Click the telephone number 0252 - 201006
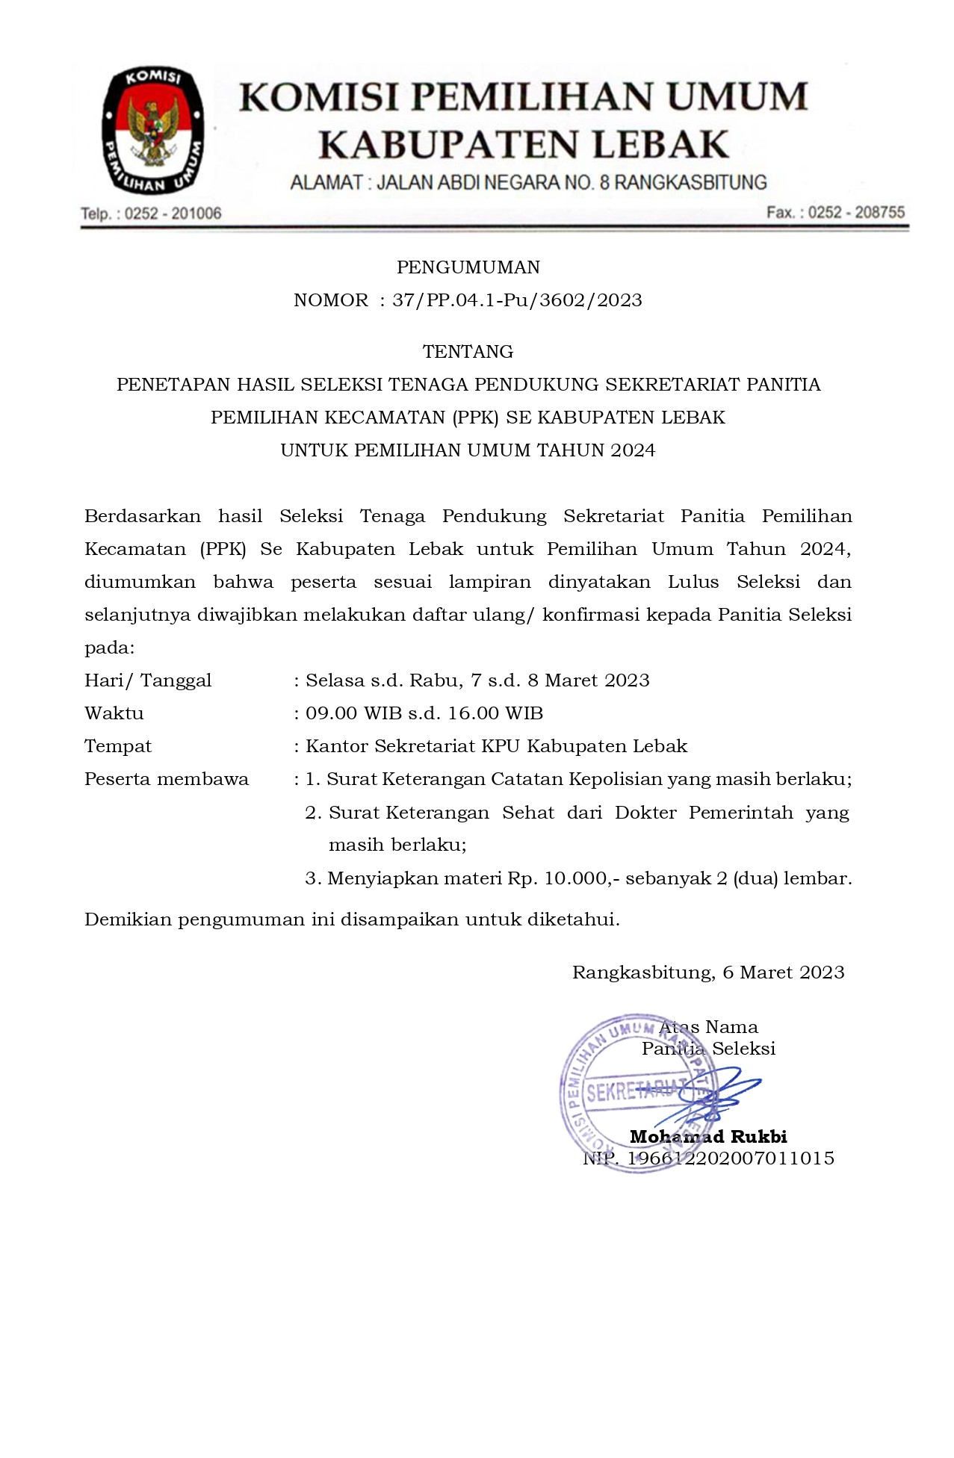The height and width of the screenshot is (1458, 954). coord(173,214)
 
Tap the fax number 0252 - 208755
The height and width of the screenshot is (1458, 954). coord(856,212)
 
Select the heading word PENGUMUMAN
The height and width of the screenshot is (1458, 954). coord(468,267)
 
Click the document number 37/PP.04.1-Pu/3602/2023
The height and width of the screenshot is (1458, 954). coord(517,300)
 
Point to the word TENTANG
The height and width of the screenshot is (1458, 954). coord(468,351)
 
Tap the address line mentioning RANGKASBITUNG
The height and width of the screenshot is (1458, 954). coord(528,182)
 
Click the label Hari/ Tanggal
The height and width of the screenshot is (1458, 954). coord(148,680)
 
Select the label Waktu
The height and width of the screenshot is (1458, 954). coord(114,713)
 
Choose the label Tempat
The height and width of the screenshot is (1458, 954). coord(118,746)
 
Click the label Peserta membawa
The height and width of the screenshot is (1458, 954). coord(167,779)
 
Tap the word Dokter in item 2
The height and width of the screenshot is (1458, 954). coord(645,813)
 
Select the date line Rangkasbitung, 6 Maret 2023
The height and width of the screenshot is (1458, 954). coord(708,972)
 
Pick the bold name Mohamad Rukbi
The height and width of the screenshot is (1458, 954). coord(708,1137)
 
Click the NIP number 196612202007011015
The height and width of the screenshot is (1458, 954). coord(730,1158)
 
